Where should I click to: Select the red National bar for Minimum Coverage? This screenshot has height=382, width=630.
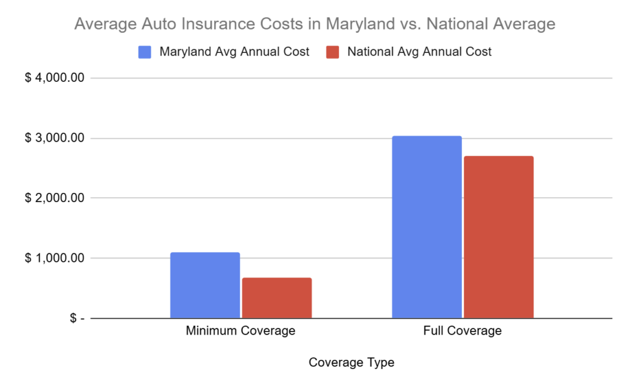click(x=277, y=298)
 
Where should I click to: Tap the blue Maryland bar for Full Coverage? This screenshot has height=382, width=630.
click(x=426, y=227)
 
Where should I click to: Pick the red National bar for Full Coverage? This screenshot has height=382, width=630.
click(x=498, y=237)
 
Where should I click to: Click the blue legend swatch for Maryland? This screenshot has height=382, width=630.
click(x=145, y=52)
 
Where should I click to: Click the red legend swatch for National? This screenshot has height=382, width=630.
click(x=333, y=52)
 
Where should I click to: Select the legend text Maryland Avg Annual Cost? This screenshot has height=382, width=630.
click(x=234, y=52)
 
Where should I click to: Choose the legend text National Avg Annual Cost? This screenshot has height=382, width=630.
click(x=420, y=52)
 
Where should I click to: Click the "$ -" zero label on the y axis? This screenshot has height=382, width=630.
click(x=76, y=319)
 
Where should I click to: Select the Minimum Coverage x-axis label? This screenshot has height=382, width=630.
click(x=241, y=331)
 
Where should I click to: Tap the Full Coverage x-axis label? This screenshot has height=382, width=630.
click(x=463, y=331)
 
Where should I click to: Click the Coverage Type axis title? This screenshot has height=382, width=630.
click(x=351, y=363)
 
